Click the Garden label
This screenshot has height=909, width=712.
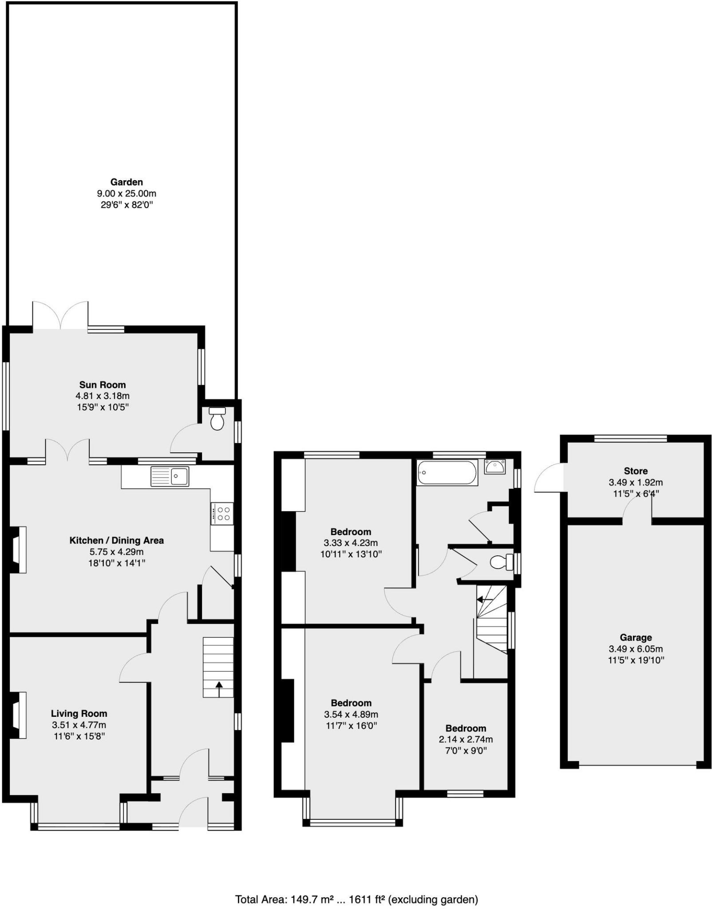tap(127, 182)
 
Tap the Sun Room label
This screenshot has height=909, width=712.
tap(103, 385)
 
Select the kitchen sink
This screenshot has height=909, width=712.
tap(170, 476)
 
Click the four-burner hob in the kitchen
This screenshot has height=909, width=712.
tap(222, 514)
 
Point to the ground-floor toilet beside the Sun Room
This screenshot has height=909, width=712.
tap(217, 419)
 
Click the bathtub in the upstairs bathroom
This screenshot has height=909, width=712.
tap(447, 473)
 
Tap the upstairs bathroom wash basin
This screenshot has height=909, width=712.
tap(494, 467)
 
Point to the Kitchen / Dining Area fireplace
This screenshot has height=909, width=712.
tap(18, 549)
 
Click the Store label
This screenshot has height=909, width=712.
tap(635, 471)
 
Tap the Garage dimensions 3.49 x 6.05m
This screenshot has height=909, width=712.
tap(635, 649)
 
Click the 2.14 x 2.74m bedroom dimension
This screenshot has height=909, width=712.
tap(466, 739)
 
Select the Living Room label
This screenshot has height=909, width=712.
tap(79, 714)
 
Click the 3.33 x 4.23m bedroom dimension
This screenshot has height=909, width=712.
tap(351, 543)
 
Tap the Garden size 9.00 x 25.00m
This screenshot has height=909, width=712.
tap(127, 194)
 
